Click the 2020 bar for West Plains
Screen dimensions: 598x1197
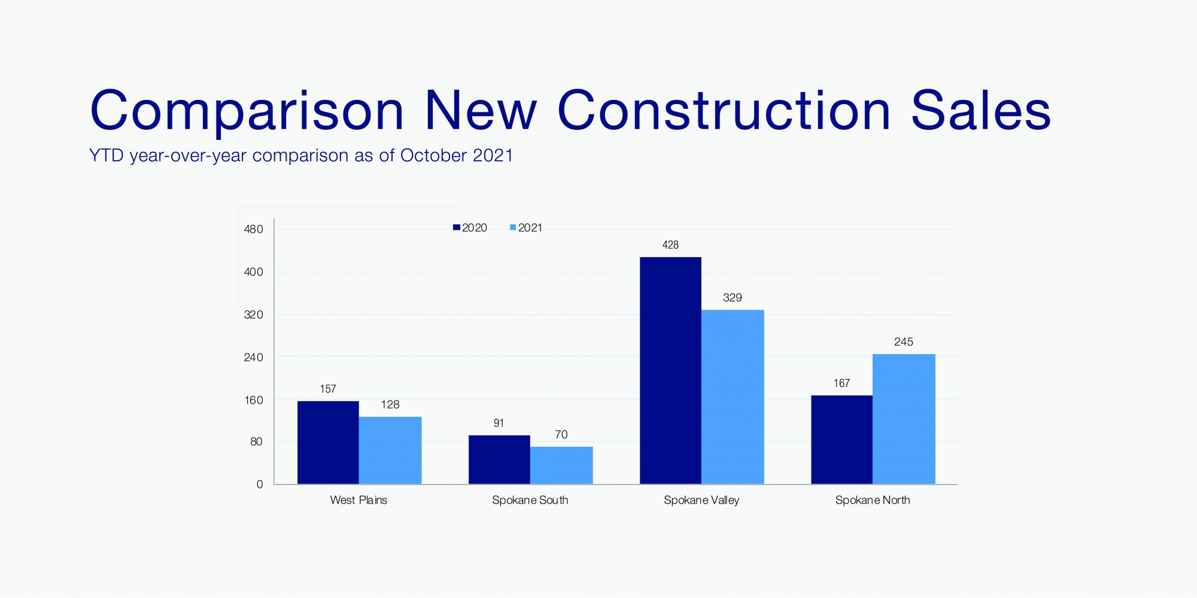click(328, 443)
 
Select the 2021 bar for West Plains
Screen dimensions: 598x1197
click(390, 450)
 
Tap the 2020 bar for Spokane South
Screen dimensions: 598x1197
click(499, 459)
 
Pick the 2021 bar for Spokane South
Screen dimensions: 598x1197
click(561, 465)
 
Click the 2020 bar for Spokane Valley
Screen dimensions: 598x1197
click(670, 371)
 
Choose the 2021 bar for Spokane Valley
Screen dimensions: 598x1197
click(733, 397)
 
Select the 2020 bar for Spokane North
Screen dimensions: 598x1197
click(841, 440)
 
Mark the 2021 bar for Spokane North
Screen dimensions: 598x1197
click(904, 419)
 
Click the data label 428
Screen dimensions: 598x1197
click(670, 245)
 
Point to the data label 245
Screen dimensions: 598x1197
click(904, 342)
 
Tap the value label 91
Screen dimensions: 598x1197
click(499, 423)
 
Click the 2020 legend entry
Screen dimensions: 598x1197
click(470, 228)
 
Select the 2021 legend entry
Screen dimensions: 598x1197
click(526, 228)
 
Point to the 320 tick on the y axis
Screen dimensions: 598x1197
click(253, 315)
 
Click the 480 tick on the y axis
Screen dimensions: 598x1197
click(253, 229)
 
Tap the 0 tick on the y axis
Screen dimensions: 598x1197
click(260, 484)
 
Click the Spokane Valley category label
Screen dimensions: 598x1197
click(701, 500)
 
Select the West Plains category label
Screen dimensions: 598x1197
click(359, 500)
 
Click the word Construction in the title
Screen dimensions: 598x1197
click(724, 111)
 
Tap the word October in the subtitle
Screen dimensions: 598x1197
click(433, 155)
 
